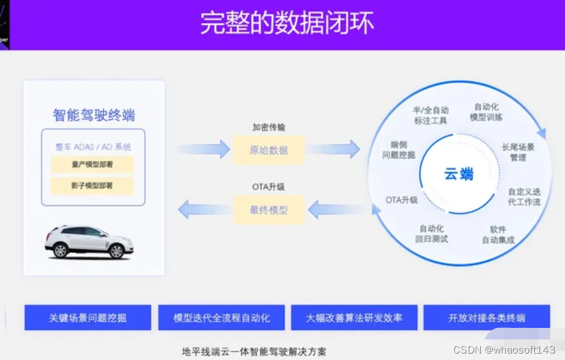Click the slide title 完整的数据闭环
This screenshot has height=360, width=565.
(286, 23)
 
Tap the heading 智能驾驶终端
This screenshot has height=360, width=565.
(94, 116)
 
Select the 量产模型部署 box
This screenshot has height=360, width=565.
(92, 164)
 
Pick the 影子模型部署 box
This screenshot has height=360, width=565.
(92, 185)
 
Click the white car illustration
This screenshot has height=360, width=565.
(89, 241)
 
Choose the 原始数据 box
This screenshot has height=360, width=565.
(268, 151)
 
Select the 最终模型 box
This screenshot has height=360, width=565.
(268, 210)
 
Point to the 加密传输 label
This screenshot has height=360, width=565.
(268, 128)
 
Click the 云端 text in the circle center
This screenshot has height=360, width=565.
(458, 174)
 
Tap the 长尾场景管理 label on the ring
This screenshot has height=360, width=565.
(518, 152)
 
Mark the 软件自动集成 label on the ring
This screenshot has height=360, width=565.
(498, 235)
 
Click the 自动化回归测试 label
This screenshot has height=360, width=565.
(431, 234)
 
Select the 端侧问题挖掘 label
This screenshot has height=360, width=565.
(399, 150)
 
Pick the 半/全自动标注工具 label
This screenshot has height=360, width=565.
(430, 116)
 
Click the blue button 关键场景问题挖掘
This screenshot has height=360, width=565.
(88, 318)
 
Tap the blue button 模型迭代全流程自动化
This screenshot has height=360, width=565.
(222, 318)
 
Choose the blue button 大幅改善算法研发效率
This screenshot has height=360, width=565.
(354, 318)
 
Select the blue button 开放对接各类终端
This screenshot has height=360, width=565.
(487, 318)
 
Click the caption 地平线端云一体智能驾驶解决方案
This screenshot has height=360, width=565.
(254, 352)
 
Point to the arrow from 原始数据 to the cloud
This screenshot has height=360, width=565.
(333, 150)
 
